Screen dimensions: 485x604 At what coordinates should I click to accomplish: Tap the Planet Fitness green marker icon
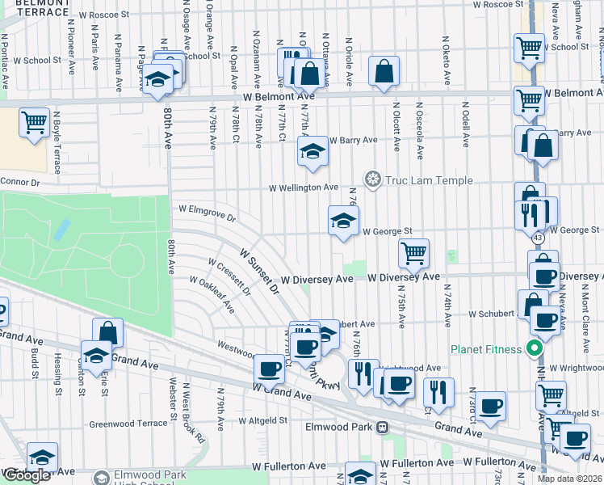[x=534, y=349]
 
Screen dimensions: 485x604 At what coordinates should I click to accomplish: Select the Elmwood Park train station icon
[x=384, y=426]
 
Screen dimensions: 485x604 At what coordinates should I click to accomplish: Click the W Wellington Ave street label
[x=304, y=188]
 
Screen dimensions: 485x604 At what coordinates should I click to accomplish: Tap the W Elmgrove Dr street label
[x=208, y=213]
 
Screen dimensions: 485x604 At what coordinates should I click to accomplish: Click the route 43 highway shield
[x=537, y=238]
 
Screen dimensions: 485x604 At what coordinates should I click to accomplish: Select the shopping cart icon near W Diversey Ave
[x=413, y=253]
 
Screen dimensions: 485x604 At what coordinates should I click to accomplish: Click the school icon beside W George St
[x=343, y=221]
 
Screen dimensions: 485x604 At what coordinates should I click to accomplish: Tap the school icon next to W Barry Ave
[x=312, y=150]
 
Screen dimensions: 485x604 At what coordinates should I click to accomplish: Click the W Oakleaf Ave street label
[x=212, y=297]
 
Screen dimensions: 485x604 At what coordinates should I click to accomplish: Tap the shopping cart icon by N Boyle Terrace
[x=35, y=124]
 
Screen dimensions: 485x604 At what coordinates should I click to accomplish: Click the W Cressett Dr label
[x=229, y=276]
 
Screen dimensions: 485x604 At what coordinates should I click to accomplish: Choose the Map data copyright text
[x=569, y=479]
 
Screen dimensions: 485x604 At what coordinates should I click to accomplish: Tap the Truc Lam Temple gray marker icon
[x=373, y=179]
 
